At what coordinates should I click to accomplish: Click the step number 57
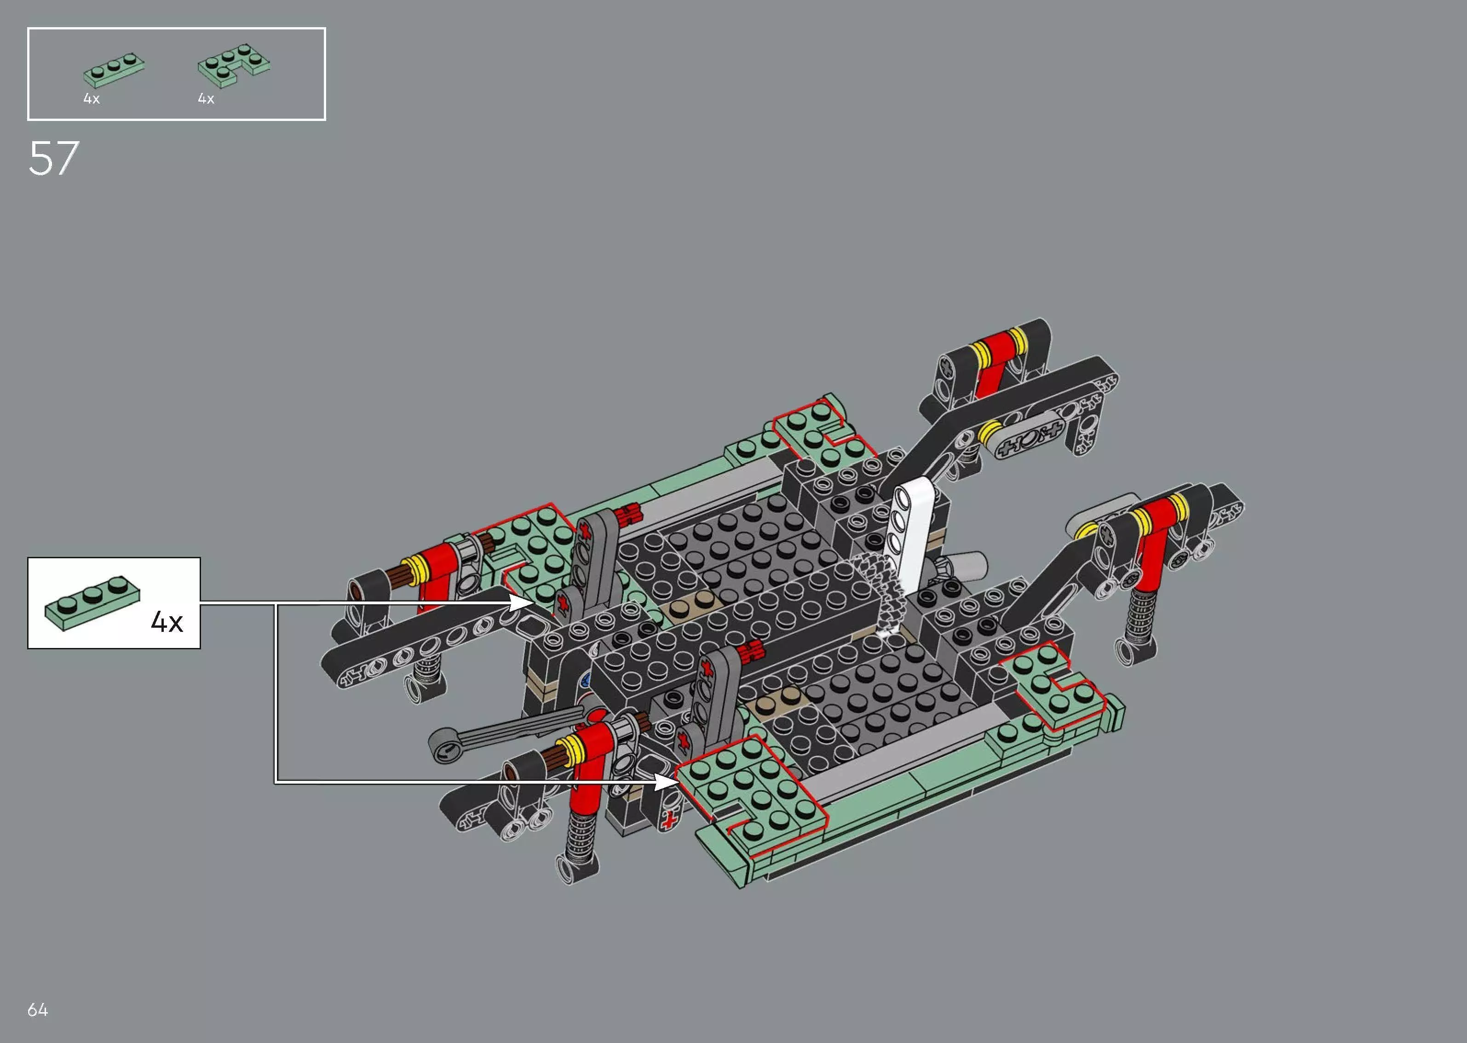(x=54, y=158)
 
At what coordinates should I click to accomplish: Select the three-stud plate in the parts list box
(x=114, y=70)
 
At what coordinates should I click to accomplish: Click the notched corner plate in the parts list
(x=234, y=65)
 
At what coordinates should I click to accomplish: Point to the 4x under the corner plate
(x=206, y=99)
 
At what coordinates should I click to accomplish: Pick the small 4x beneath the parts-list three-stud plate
(x=91, y=99)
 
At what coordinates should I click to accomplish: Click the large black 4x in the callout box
(x=167, y=622)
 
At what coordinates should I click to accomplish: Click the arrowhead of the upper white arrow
(x=522, y=602)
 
